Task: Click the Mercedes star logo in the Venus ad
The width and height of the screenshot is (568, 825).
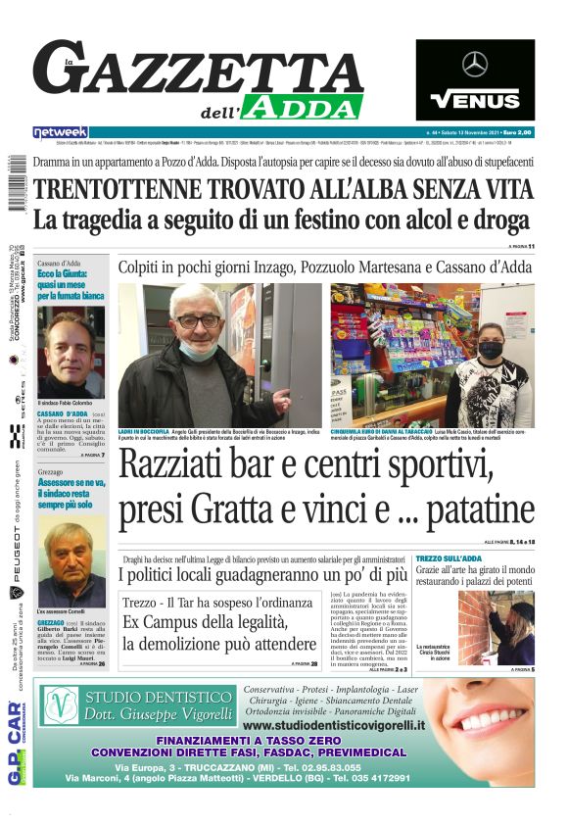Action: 475,65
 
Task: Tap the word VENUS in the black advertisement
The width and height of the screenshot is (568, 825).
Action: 475,99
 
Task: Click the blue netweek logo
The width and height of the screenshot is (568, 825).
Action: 60,131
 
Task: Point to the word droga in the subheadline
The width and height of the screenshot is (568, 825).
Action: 495,220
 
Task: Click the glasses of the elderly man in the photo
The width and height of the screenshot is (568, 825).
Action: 201,321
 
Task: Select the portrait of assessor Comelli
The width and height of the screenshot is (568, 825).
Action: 71,561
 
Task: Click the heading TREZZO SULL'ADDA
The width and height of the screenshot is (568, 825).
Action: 448,558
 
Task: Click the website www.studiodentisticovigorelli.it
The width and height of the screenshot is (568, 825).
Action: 334,725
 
